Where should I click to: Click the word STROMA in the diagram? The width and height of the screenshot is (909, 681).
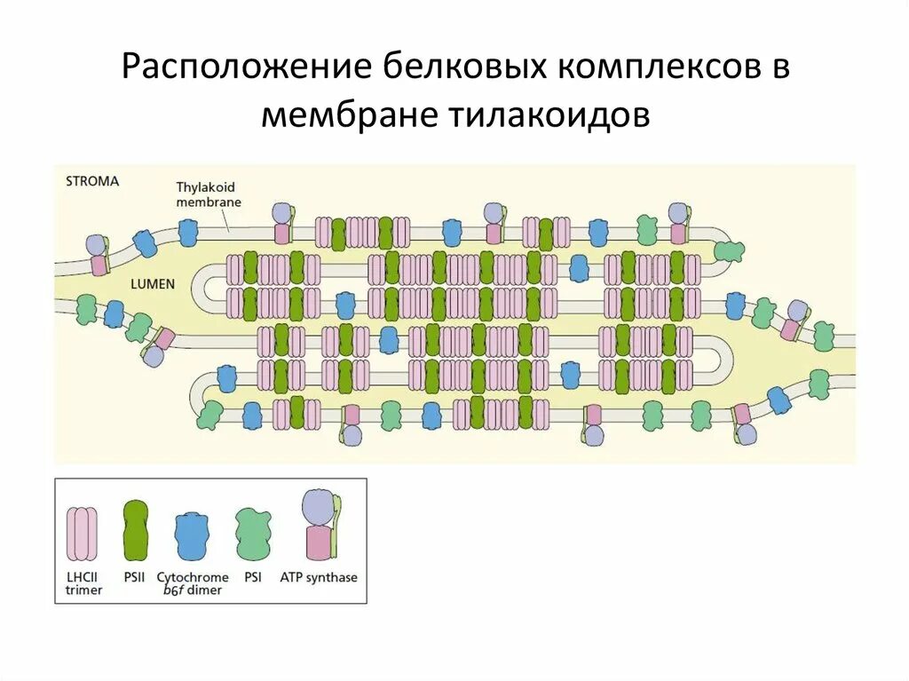(x=92, y=181)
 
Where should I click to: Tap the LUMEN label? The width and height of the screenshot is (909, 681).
(x=152, y=284)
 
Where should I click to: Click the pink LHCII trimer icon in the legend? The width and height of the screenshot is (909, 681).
(x=82, y=533)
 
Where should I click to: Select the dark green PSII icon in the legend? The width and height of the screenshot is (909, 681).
(x=135, y=530)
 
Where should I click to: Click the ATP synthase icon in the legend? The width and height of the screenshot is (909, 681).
(x=320, y=525)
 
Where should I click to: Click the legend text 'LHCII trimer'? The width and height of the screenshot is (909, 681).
(x=84, y=583)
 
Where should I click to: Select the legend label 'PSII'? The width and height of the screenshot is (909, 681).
(x=135, y=577)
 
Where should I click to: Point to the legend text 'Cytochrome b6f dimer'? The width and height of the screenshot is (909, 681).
(x=193, y=583)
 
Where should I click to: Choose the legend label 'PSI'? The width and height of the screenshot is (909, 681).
(x=254, y=577)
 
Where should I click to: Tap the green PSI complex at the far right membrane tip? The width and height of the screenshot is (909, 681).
(x=730, y=250)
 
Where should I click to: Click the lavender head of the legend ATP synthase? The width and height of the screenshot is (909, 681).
(x=316, y=508)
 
